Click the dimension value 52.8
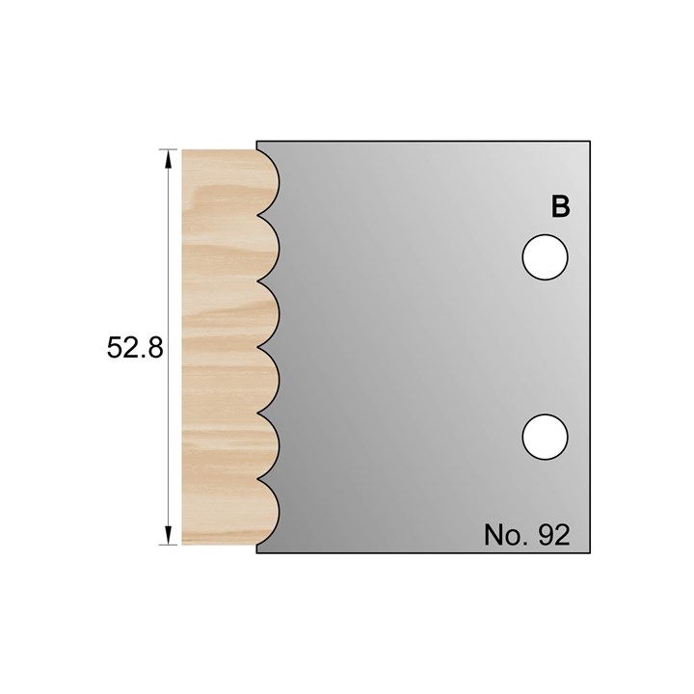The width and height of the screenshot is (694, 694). click(x=136, y=348)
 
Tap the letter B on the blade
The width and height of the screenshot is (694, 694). click(x=560, y=206)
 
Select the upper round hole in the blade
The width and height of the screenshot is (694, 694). click(x=545, y=257)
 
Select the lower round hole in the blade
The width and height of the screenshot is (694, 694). click(x=545, y=437)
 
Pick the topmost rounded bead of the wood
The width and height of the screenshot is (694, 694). click(x=265, y=179)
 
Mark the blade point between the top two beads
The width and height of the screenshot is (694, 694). click(x=258, y=215)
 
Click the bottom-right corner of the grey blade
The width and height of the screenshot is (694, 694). click(x=590, y=552)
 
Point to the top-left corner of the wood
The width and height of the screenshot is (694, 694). click(x=183, y=148)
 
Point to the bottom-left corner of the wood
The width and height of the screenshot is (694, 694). click(x=183, y=544)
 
